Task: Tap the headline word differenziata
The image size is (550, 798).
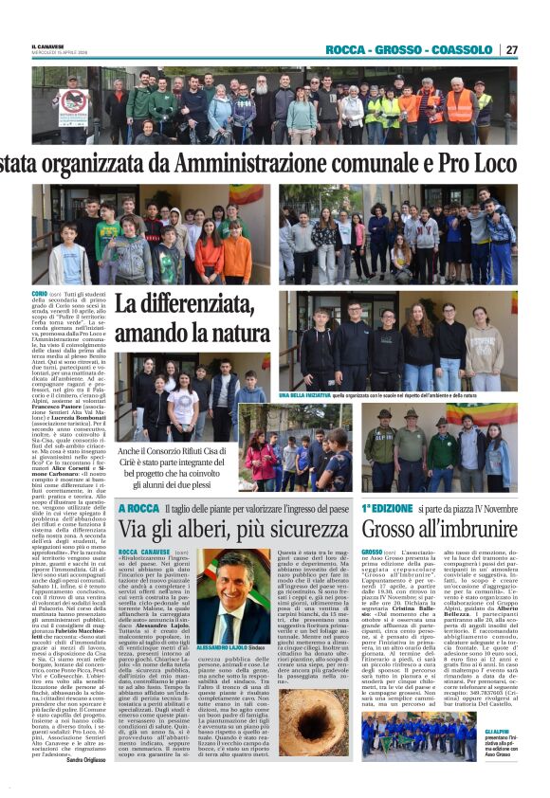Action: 188,305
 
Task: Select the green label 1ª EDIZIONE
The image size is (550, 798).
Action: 386,509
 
